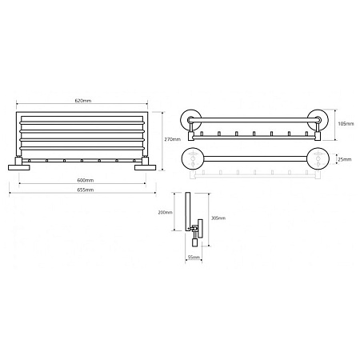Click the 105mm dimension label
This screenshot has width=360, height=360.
(345, 125)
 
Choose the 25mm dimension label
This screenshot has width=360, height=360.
(344, 158)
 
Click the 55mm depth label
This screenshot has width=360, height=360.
(193, 257)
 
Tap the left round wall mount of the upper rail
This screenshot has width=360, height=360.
(191, 122)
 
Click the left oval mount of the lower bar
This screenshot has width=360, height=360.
(193, 158)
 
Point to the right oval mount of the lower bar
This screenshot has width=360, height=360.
(319, 158)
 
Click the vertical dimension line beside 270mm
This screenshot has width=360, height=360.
(161, 138)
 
